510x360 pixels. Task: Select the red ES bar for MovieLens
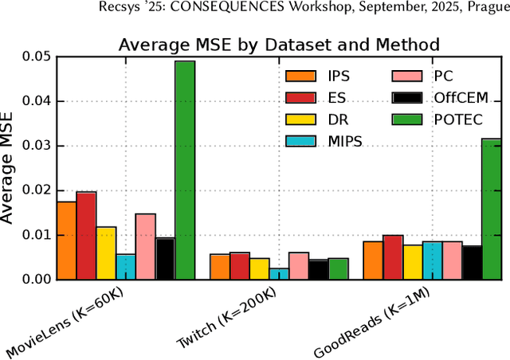(x=86, y=236)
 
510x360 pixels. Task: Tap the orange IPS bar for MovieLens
(x=66, y=241)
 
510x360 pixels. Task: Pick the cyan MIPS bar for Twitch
(x=279, y=274)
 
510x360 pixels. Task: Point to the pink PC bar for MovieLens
(x=145, y=246)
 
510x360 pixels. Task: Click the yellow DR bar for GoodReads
(x=412, y=262)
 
